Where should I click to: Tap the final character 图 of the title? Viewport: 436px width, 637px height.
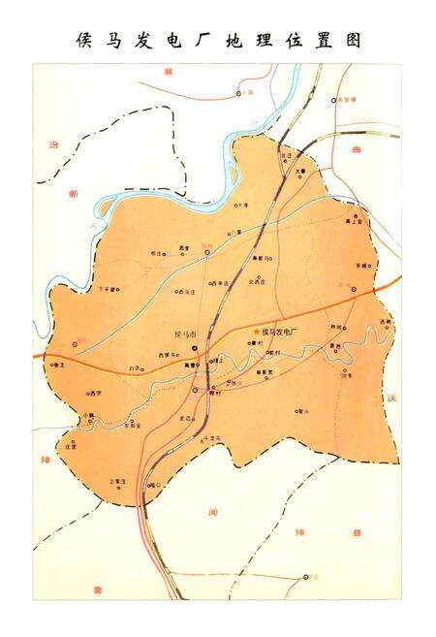[x=353, y=41]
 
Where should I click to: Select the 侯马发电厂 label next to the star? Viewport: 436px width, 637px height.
[x=280, y=333]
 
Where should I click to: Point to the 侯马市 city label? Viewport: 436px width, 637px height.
[x=185, y=334]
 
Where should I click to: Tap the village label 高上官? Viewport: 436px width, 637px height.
[x=355, y=223]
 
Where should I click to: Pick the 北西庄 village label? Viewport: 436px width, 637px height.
[x=258, y=282]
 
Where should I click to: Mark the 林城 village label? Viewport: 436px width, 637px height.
[x=336, y=327]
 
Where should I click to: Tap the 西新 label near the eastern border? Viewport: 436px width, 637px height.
[x=386, y=321]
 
